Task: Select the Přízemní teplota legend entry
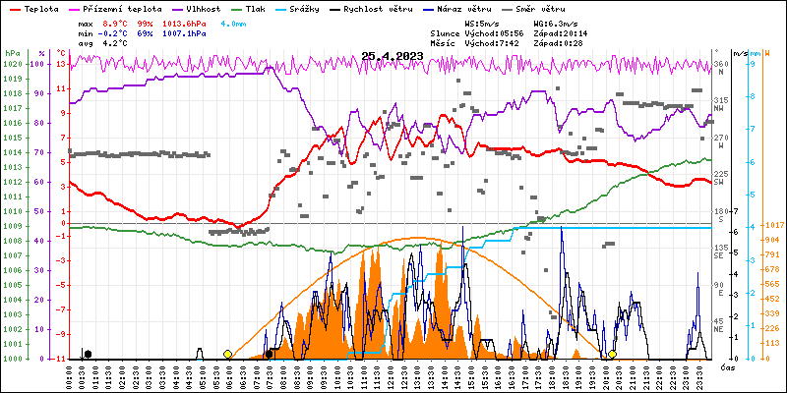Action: (x=116, y=8)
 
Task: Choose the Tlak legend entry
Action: (x=255, y=8)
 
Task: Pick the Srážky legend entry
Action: (x=304, y=8)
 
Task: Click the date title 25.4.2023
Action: (x=392, y=56)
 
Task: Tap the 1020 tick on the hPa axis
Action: (x=12, y=64)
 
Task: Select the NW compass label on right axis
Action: (x=719, y=108)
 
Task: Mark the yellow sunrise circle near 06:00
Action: (x=228, y=354)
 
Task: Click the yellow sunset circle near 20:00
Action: (x=612, y=354)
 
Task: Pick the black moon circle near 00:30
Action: (x=89, y=354)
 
